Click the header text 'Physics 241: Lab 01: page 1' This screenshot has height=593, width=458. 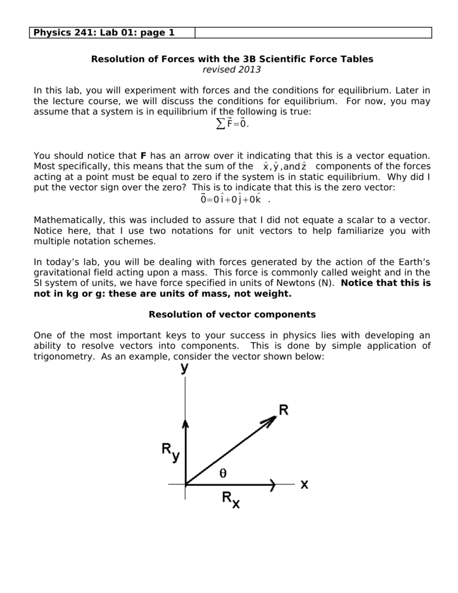pos(104,32)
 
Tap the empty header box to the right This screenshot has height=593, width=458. pos(313,32)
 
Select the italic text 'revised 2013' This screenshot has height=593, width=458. pos(232,69)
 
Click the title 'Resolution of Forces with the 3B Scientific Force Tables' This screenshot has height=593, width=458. pos(232,59)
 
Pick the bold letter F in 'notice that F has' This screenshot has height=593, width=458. pos(144,156)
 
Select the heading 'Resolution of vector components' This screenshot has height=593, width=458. pos(232,314)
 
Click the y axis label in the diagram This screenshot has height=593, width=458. pos(184,368)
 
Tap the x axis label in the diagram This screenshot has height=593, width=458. pos(304,484)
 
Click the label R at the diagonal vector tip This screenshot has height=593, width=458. pos(284,410)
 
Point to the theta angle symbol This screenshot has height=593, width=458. pos(223,473)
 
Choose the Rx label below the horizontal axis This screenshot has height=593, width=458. pos(230,499)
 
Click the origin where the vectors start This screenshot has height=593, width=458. pos(185,484)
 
